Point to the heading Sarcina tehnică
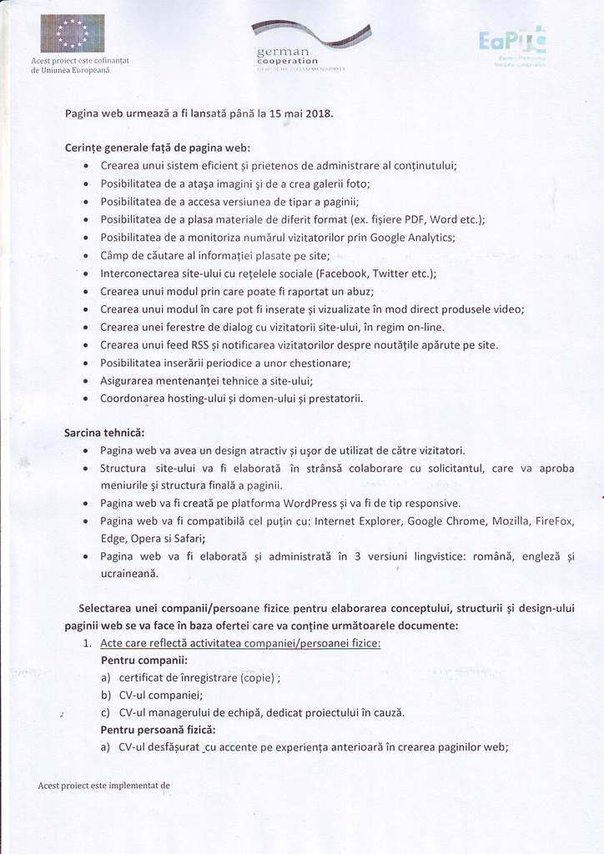tap(104, 433)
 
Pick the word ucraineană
tap(131, 573)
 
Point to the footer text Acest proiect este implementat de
tap(103, 785)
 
